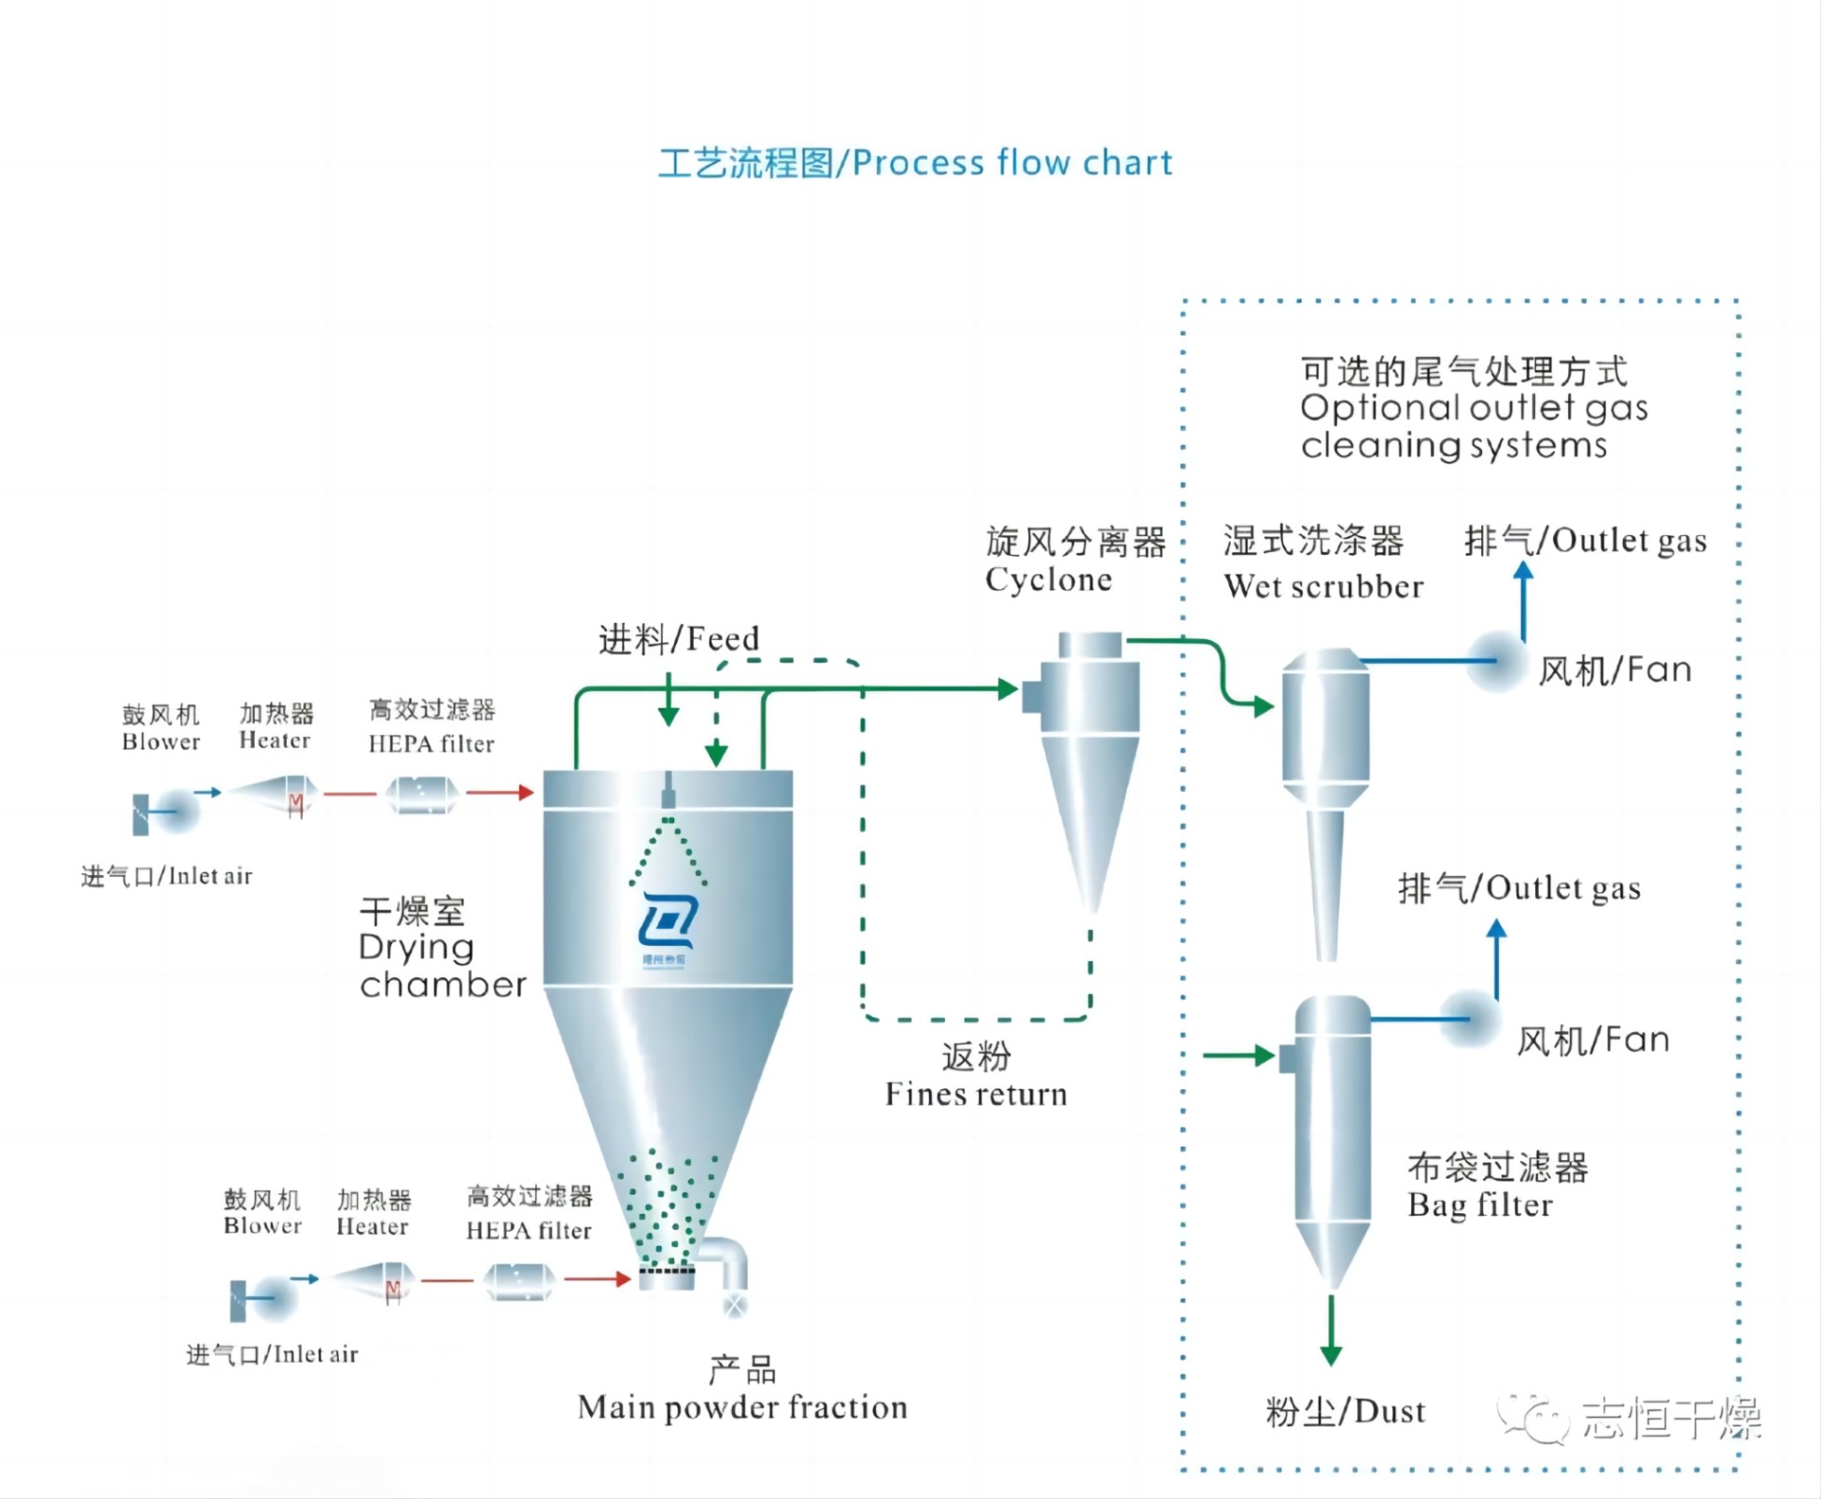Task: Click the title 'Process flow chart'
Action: point(915,163)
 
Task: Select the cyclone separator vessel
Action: point(1089,747)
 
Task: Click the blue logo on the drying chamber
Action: point(668,925)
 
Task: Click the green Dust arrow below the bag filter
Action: point(1332,1331)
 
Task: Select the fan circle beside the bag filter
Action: point(1470,1019)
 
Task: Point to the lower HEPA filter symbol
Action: point(519,1280)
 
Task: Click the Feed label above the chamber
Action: point(679,640)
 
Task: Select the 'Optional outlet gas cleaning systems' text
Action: point(1473,408)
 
